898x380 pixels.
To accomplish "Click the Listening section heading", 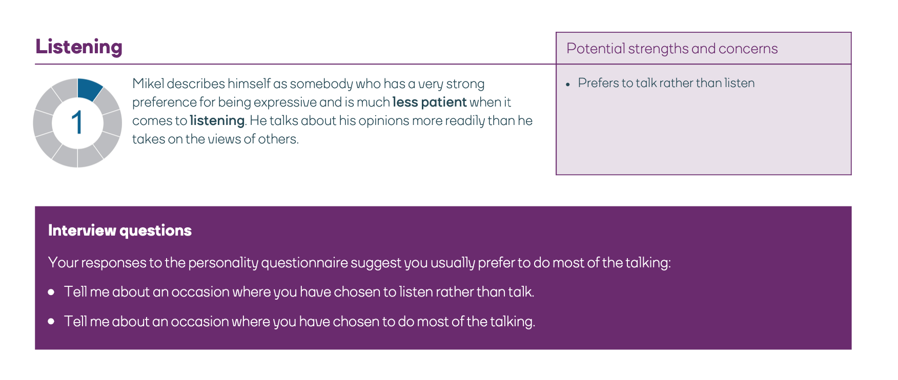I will (x=79, y=47).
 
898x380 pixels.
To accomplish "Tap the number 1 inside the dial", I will (x=77, y=123).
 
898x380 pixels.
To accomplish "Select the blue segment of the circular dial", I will (x=89, y=89).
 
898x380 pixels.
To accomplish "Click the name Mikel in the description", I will (x=148, y=83).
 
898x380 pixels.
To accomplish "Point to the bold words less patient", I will (x=430, y=102).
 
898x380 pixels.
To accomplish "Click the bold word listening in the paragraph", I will (x=217, y=120).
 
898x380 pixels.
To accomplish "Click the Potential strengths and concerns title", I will (x=672, y=49).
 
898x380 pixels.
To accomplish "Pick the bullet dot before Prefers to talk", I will (x=568, y=85).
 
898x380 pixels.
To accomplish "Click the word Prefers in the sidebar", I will (x=598, y=83).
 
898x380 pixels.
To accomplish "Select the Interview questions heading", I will (x=120, y=230).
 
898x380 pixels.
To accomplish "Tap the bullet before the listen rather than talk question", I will (x=51, y=292).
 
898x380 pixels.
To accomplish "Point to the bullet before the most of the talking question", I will (x=51, y=322).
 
